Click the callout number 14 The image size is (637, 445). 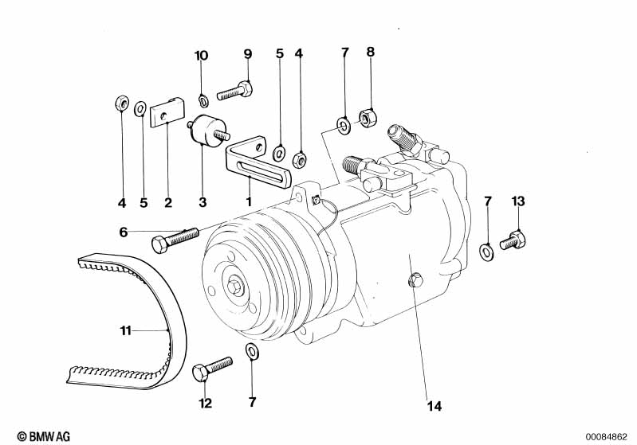pyautogui.click(x=434, y=406)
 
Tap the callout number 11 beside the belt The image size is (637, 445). pyautogui.click(x=126, y=330)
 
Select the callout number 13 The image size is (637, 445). pyautogui.click(x=518, y=201)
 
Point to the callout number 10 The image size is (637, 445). pyautogui.click(x=201, y=56)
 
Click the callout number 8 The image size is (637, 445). pyautogui.click(x=370, y=52)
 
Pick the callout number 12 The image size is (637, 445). pyautogui.click(x=206, y=404)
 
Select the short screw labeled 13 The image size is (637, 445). pyautogui.click(x=513, y=240)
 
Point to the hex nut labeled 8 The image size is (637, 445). pyautogui.click(x=368, y=116)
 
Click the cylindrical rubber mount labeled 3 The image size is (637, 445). pyautogui.click(x=207, y=130)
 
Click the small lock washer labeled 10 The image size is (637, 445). pyautogui.click(x=203, y=100)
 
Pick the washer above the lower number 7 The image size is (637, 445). pyautogui.click(x=252, y=351)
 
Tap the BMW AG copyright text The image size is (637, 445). pyautogui.click(x=44, y=436)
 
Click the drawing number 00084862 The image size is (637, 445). pyautogui.click(x=606, y=437)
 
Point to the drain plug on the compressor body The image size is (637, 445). pyautogui.click(x=415, y=280)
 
